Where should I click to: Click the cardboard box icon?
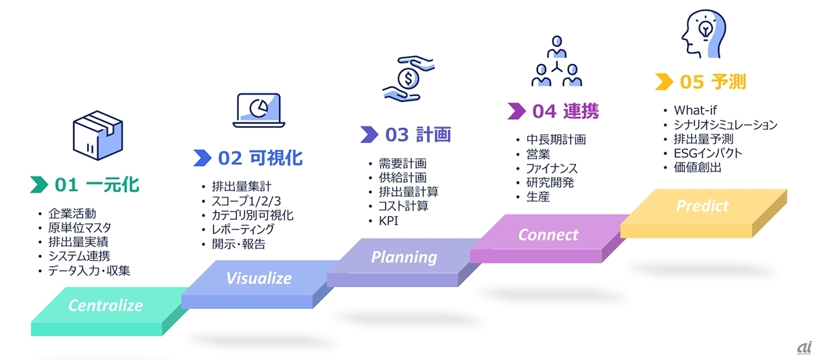click(98, 135)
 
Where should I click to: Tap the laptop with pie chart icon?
click(259, 110)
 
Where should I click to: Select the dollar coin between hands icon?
click(408, 78)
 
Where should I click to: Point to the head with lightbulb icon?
click(703, 33)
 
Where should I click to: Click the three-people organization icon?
click(557, 61)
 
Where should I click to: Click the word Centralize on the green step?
click(106, 306)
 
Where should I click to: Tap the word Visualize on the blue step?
click(259, 278)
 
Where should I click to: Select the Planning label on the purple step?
click(404, 257)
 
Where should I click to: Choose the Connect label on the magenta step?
click(548, 235)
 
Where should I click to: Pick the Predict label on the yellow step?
click(703, 206)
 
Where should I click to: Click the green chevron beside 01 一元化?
click(39, 184)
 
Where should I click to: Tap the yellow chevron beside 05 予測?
click(664, 82)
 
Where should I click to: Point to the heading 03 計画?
click(418, 135)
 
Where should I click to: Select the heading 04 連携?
click(565, 111)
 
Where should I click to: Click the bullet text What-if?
click(695, 110)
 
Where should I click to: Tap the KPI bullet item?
click(389, 220)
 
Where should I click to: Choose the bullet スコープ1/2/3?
click(246, 201)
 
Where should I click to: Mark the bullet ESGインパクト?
click(708, 153)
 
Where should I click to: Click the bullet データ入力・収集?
click(89, 271)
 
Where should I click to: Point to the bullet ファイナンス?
click(552, 169)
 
